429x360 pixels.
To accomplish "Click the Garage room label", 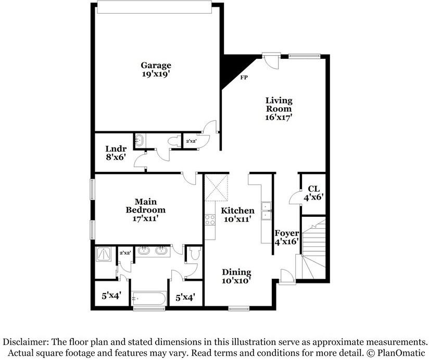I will (156, 70).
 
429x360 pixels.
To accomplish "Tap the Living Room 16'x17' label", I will (279, 109).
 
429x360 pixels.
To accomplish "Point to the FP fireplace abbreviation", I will (243, 78).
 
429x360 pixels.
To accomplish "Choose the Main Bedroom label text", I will (146, 205).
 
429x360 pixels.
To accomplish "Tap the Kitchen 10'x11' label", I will (237, 215).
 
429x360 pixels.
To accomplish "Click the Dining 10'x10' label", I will (236, 277).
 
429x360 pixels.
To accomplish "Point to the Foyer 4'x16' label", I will (286, 237).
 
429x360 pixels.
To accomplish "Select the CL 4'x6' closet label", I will (313, 193).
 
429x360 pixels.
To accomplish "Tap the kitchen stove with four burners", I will (210, 219).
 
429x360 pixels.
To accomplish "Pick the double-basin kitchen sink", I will (266, 209).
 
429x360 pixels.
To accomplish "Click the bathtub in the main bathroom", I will (149, 299).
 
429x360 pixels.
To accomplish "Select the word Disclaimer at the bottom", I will (26, 342).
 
